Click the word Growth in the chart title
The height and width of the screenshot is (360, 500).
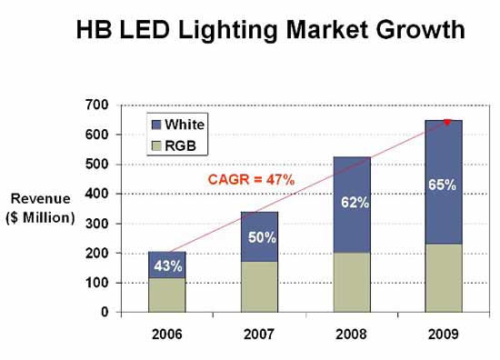(420, 30)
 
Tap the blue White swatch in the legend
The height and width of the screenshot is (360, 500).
(156, 125)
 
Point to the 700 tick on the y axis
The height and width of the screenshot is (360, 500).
(97, 105)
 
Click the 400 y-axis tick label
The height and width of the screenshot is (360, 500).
(97, 194)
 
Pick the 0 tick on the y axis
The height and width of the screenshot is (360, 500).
(105, 312)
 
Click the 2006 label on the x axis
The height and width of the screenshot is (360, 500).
(166, 335)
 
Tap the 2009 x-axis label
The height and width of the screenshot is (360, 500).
(444, 335)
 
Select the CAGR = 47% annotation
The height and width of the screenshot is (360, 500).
(251, 180)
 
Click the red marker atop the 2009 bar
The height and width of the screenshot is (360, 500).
(447, 122)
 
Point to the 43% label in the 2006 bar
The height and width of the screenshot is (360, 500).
(168, 265)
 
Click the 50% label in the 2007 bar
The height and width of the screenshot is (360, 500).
(262, 237)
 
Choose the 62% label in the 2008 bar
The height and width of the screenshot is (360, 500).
(355, 203)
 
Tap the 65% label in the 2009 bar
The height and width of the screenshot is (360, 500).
(443, 185)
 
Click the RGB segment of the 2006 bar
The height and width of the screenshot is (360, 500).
(167, 295)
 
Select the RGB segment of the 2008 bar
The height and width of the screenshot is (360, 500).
(352, 283)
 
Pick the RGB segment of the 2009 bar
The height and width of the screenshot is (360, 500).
(444, 278)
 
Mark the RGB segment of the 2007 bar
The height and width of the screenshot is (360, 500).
(259, 287)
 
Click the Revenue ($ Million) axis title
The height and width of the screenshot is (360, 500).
(41, 208)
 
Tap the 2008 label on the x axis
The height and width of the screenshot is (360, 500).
(351, 335)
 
